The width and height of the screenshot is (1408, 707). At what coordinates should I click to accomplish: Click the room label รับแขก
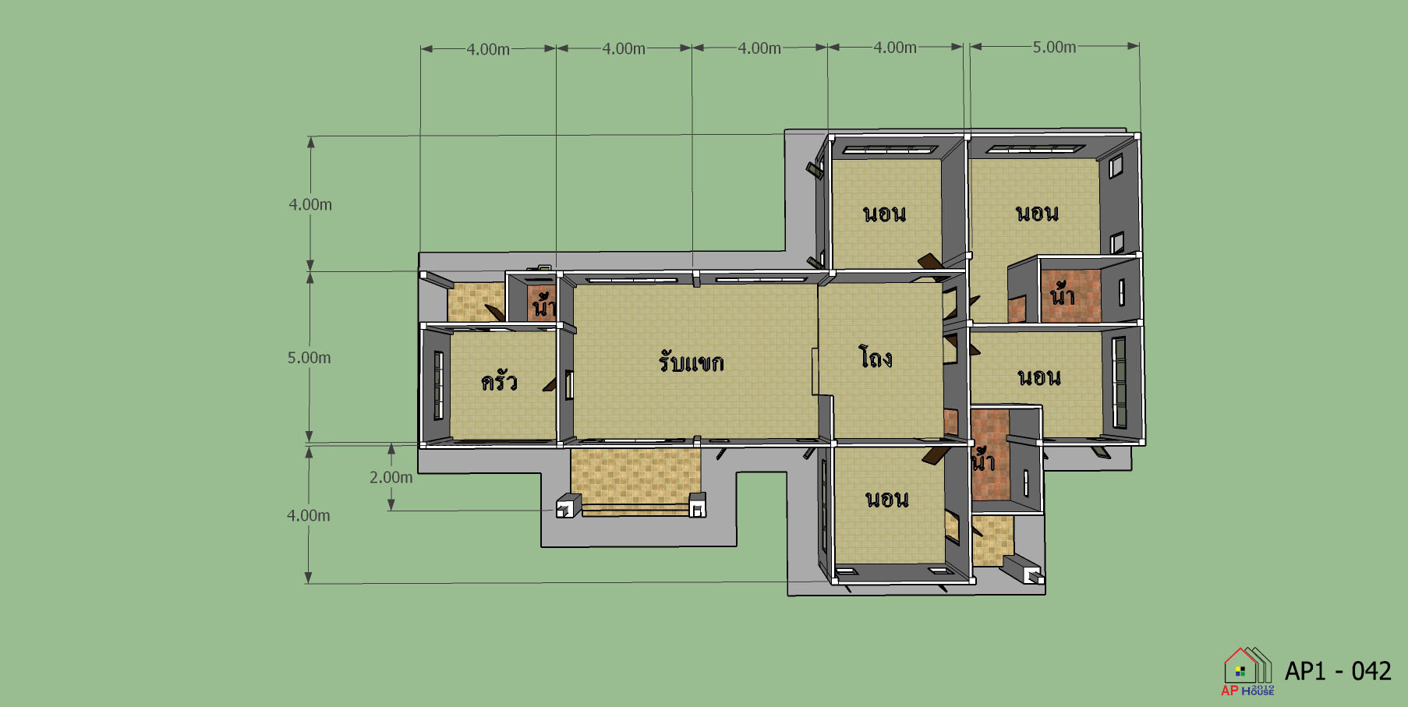[x=691, y=362]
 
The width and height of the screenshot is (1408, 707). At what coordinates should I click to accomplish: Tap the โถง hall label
[x=876, y=357]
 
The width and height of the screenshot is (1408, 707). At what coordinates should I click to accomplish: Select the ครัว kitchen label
[x=499, y=380]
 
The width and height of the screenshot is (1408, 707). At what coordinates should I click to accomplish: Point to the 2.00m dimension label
[x=391, y=477]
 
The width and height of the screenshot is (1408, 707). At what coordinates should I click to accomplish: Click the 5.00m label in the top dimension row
[x=1054, y=47]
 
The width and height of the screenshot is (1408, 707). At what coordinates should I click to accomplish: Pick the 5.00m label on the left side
[x=309, y=358]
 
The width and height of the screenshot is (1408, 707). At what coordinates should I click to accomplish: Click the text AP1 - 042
[x=1338, y=670]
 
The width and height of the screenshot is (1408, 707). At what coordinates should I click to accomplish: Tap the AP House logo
[x=1247, y=671]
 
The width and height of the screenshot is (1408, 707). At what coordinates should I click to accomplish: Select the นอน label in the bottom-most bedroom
[x=887, y=499]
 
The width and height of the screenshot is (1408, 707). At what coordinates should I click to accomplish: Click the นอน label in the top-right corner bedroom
[x=1037, y=213]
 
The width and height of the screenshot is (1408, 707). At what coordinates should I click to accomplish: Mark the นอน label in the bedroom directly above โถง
[x=884, y=214]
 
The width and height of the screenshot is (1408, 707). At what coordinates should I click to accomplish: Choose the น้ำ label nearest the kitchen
[x=543, y=304]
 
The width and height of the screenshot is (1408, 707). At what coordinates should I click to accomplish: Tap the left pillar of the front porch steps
[x=568, y=506]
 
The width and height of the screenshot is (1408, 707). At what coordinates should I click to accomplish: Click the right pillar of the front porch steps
[x=698, y=504]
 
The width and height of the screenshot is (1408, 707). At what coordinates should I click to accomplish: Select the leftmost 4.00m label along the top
[x=488, y=49]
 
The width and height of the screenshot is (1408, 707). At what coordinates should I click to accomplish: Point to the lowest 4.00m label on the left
[x=308, y=515]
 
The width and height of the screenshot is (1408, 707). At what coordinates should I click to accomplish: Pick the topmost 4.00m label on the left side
[x=310, y=204]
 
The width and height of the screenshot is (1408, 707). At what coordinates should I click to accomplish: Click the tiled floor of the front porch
[x=635, y=475]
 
